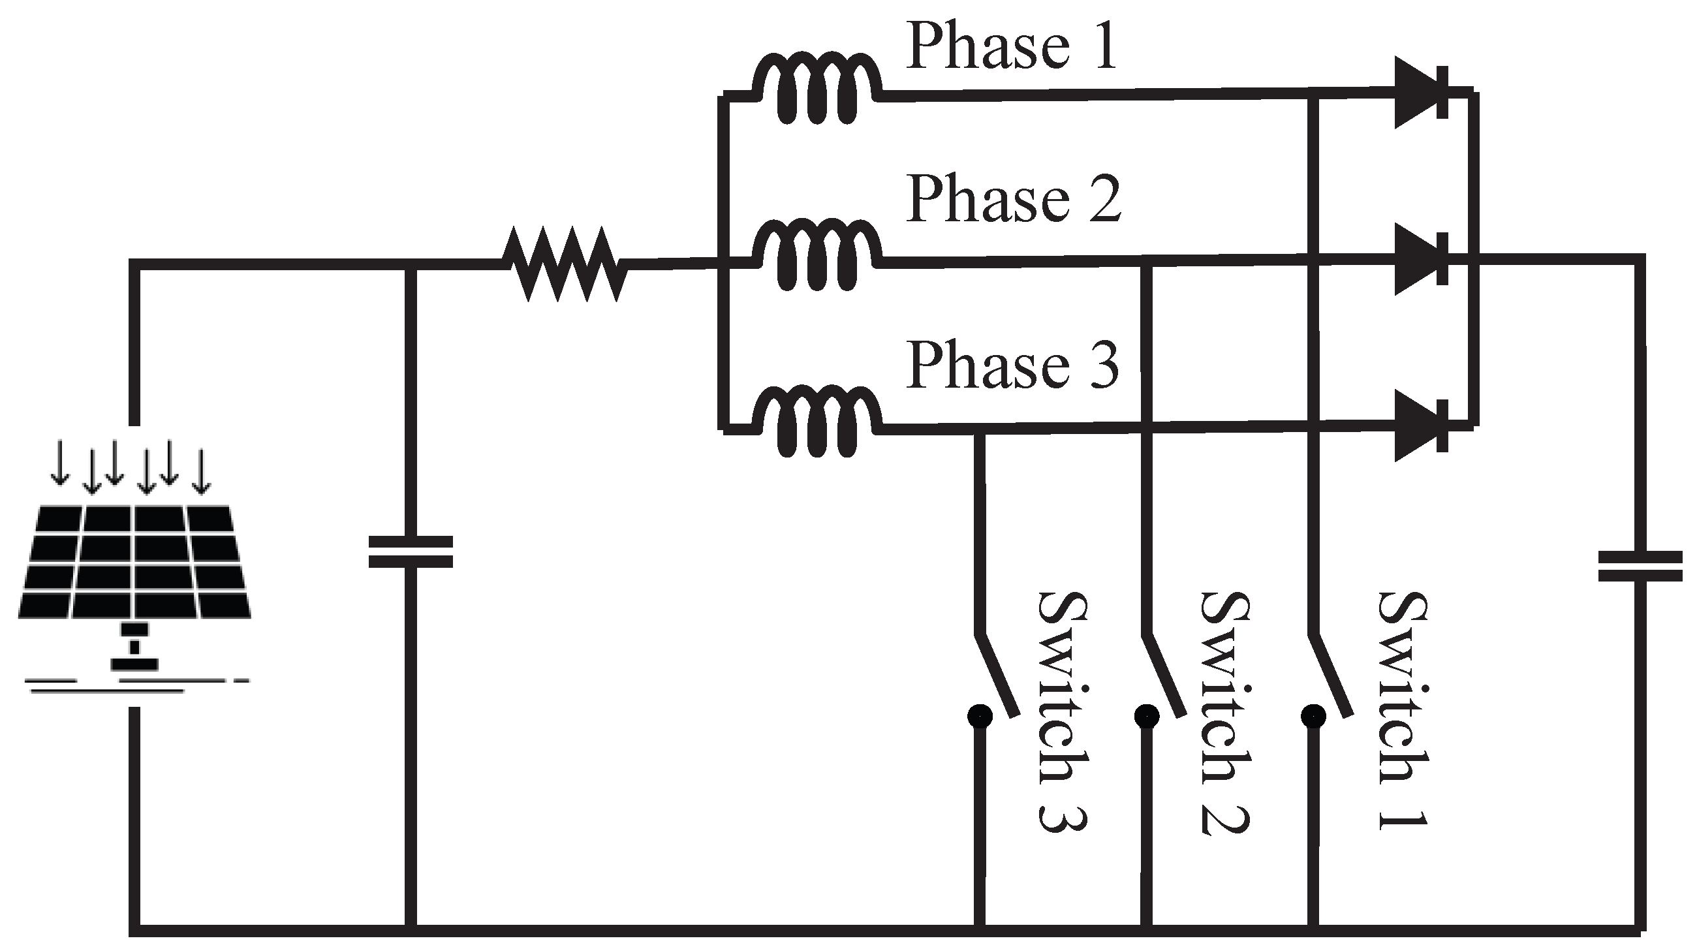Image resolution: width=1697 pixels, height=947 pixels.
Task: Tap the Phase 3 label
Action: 1012,365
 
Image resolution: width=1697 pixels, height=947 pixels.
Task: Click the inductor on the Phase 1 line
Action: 817,89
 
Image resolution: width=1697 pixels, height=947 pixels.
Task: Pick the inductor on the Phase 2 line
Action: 817,256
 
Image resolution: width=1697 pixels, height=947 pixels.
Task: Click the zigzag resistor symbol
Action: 565,264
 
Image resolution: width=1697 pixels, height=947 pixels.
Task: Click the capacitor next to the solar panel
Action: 411,552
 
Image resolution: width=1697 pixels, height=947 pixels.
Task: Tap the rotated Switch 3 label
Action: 1062,712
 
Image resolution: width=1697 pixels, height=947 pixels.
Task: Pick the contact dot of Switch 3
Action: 980,716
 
